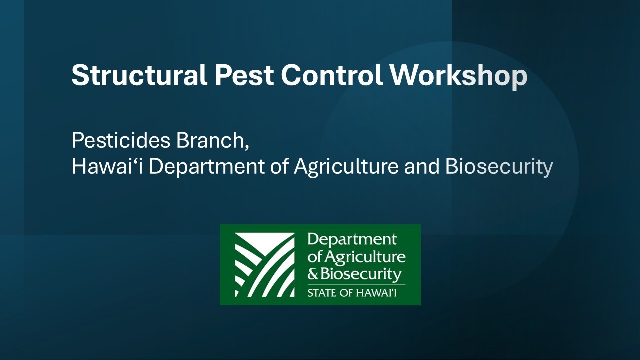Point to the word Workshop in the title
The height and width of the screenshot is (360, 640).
(458, 76)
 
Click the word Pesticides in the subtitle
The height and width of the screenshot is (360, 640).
(121, 141)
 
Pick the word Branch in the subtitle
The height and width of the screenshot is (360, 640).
(212, 141)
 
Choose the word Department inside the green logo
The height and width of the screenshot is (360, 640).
(352, 240)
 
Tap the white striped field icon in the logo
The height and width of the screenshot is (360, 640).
(265, 265)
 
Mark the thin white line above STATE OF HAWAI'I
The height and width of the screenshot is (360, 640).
(356, 284)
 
